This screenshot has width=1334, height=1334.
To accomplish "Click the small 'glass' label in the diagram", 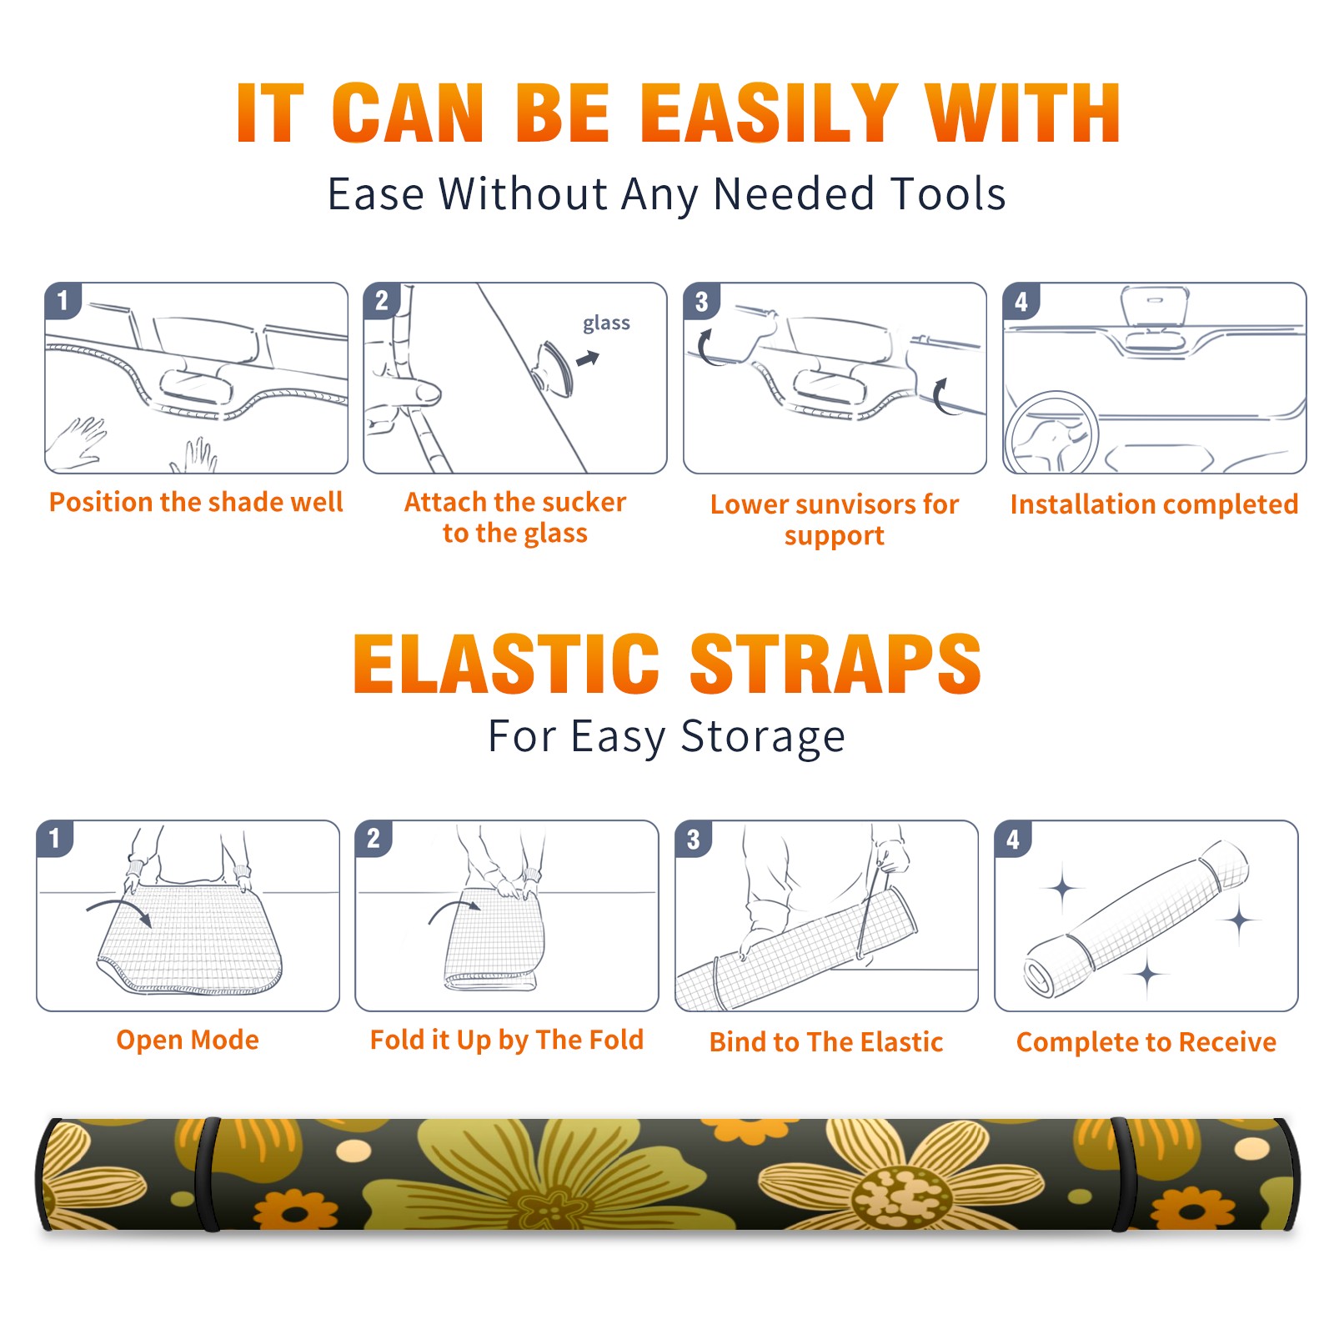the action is [x=606, y=323].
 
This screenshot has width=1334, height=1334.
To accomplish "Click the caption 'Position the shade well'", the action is [x=196, y=502].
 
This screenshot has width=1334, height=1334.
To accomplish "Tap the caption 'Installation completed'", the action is [x=1154, y=504].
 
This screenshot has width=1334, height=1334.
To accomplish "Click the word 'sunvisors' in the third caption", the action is [x=854, y=504].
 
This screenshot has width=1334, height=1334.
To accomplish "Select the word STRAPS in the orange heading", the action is [x=835, y=664].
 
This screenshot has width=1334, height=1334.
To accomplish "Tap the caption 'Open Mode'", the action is [x=188, y=1040].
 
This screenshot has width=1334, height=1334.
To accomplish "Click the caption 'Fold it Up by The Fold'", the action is [x=507, y=1040].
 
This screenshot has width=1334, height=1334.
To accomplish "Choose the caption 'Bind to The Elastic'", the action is [x=826, y=1042].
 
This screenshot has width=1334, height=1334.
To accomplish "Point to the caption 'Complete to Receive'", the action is [x=1146, y=1042].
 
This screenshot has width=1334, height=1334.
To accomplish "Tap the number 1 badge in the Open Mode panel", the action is [x=55, y=839].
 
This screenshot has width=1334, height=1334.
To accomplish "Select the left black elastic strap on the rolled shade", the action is [x=208, y=1174].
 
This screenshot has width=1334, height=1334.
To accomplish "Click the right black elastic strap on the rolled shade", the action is [x=1123, y=1174].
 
